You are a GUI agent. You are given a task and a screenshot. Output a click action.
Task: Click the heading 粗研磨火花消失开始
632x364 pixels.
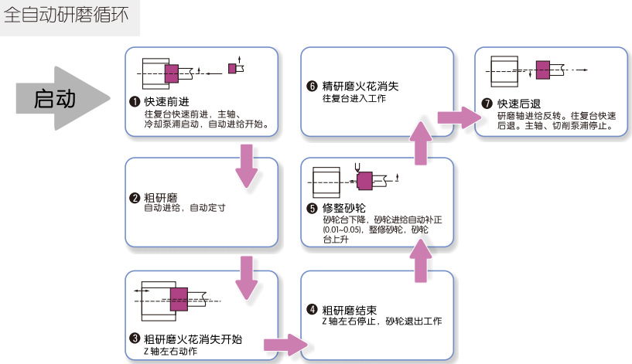tap(193, 339)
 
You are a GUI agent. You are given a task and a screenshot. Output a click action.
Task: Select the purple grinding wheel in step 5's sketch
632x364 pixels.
tap(364, 179)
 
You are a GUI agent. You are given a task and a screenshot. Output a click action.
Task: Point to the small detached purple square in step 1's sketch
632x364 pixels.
tap(232, 68)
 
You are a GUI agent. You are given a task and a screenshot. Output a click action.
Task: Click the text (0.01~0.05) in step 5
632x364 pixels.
tap(343, 230)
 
